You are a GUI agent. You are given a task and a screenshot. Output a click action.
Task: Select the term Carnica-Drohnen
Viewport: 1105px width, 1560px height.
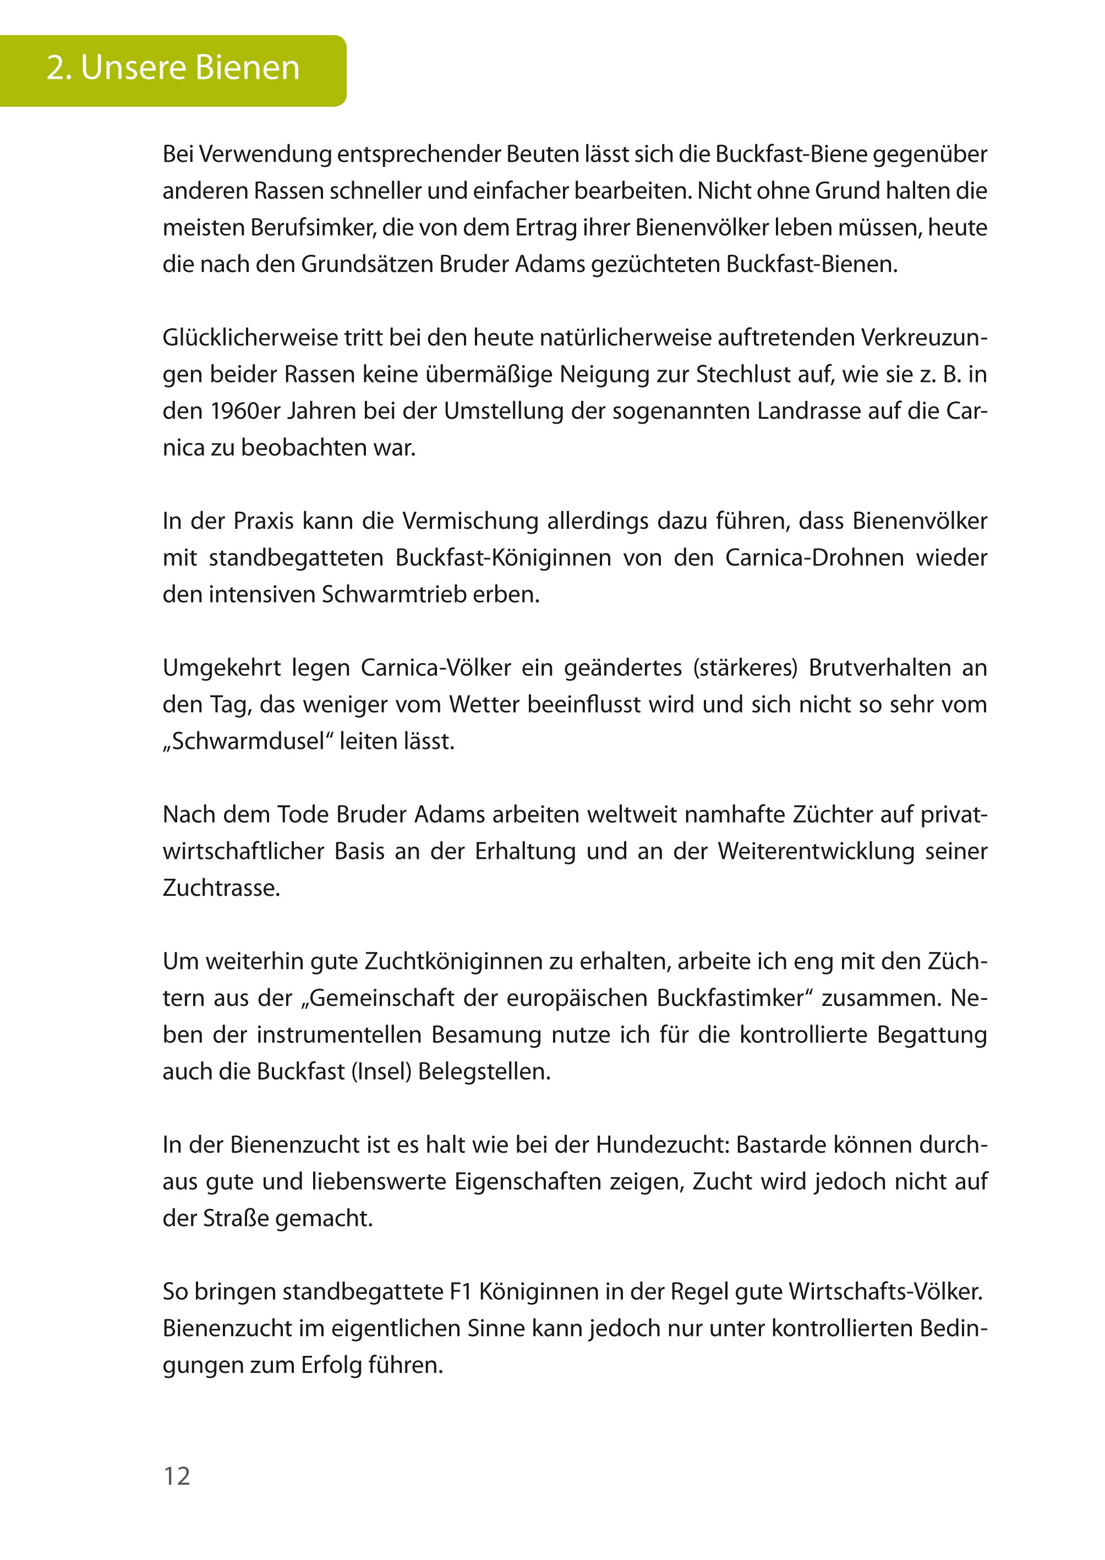(814, 558)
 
